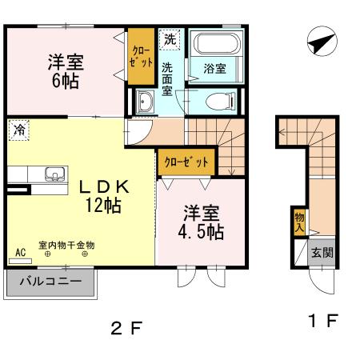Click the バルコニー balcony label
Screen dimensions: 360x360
pos(51,282)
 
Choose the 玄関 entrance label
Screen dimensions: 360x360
pos(323,253)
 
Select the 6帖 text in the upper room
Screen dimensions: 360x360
pos(66,80)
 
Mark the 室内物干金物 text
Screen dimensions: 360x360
pos(66,245)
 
